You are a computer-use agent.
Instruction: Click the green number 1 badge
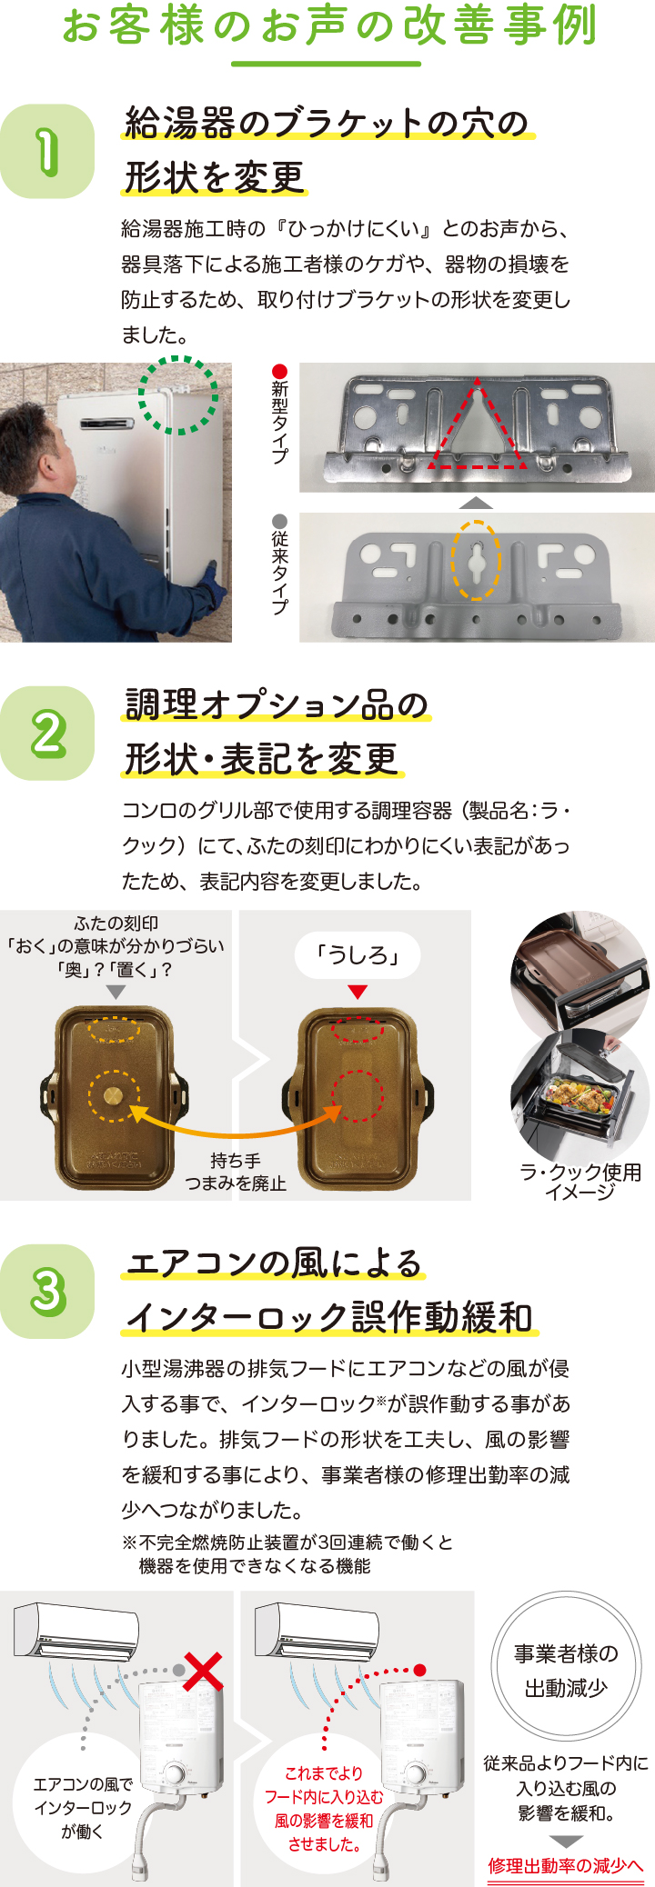point(47,151)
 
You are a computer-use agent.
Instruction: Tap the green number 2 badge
point(47,733)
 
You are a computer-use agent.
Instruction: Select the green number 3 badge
point(47,1291)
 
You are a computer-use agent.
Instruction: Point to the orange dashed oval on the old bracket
point(476,560)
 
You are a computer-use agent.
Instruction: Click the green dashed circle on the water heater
point(178,394)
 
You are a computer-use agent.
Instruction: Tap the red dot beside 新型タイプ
point(280,371)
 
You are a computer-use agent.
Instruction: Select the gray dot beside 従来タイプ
point(280,521)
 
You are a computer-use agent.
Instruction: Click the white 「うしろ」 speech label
point(358,954)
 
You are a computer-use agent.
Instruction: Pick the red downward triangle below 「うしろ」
point(358,992)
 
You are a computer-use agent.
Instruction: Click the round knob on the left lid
point(114,1094)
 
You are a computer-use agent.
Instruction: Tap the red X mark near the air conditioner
point(204,1671)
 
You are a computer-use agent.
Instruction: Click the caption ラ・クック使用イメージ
point(580,1182)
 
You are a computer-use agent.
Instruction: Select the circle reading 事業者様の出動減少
point(566,1671)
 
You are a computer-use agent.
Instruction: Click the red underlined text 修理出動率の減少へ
point(566,1865)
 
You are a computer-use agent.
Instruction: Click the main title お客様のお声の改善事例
point(328,25)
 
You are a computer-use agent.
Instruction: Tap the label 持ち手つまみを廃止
point(236,1172)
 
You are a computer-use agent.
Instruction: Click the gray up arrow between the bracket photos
point(476,503)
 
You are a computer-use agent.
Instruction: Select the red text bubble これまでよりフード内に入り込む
point(324,1808)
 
